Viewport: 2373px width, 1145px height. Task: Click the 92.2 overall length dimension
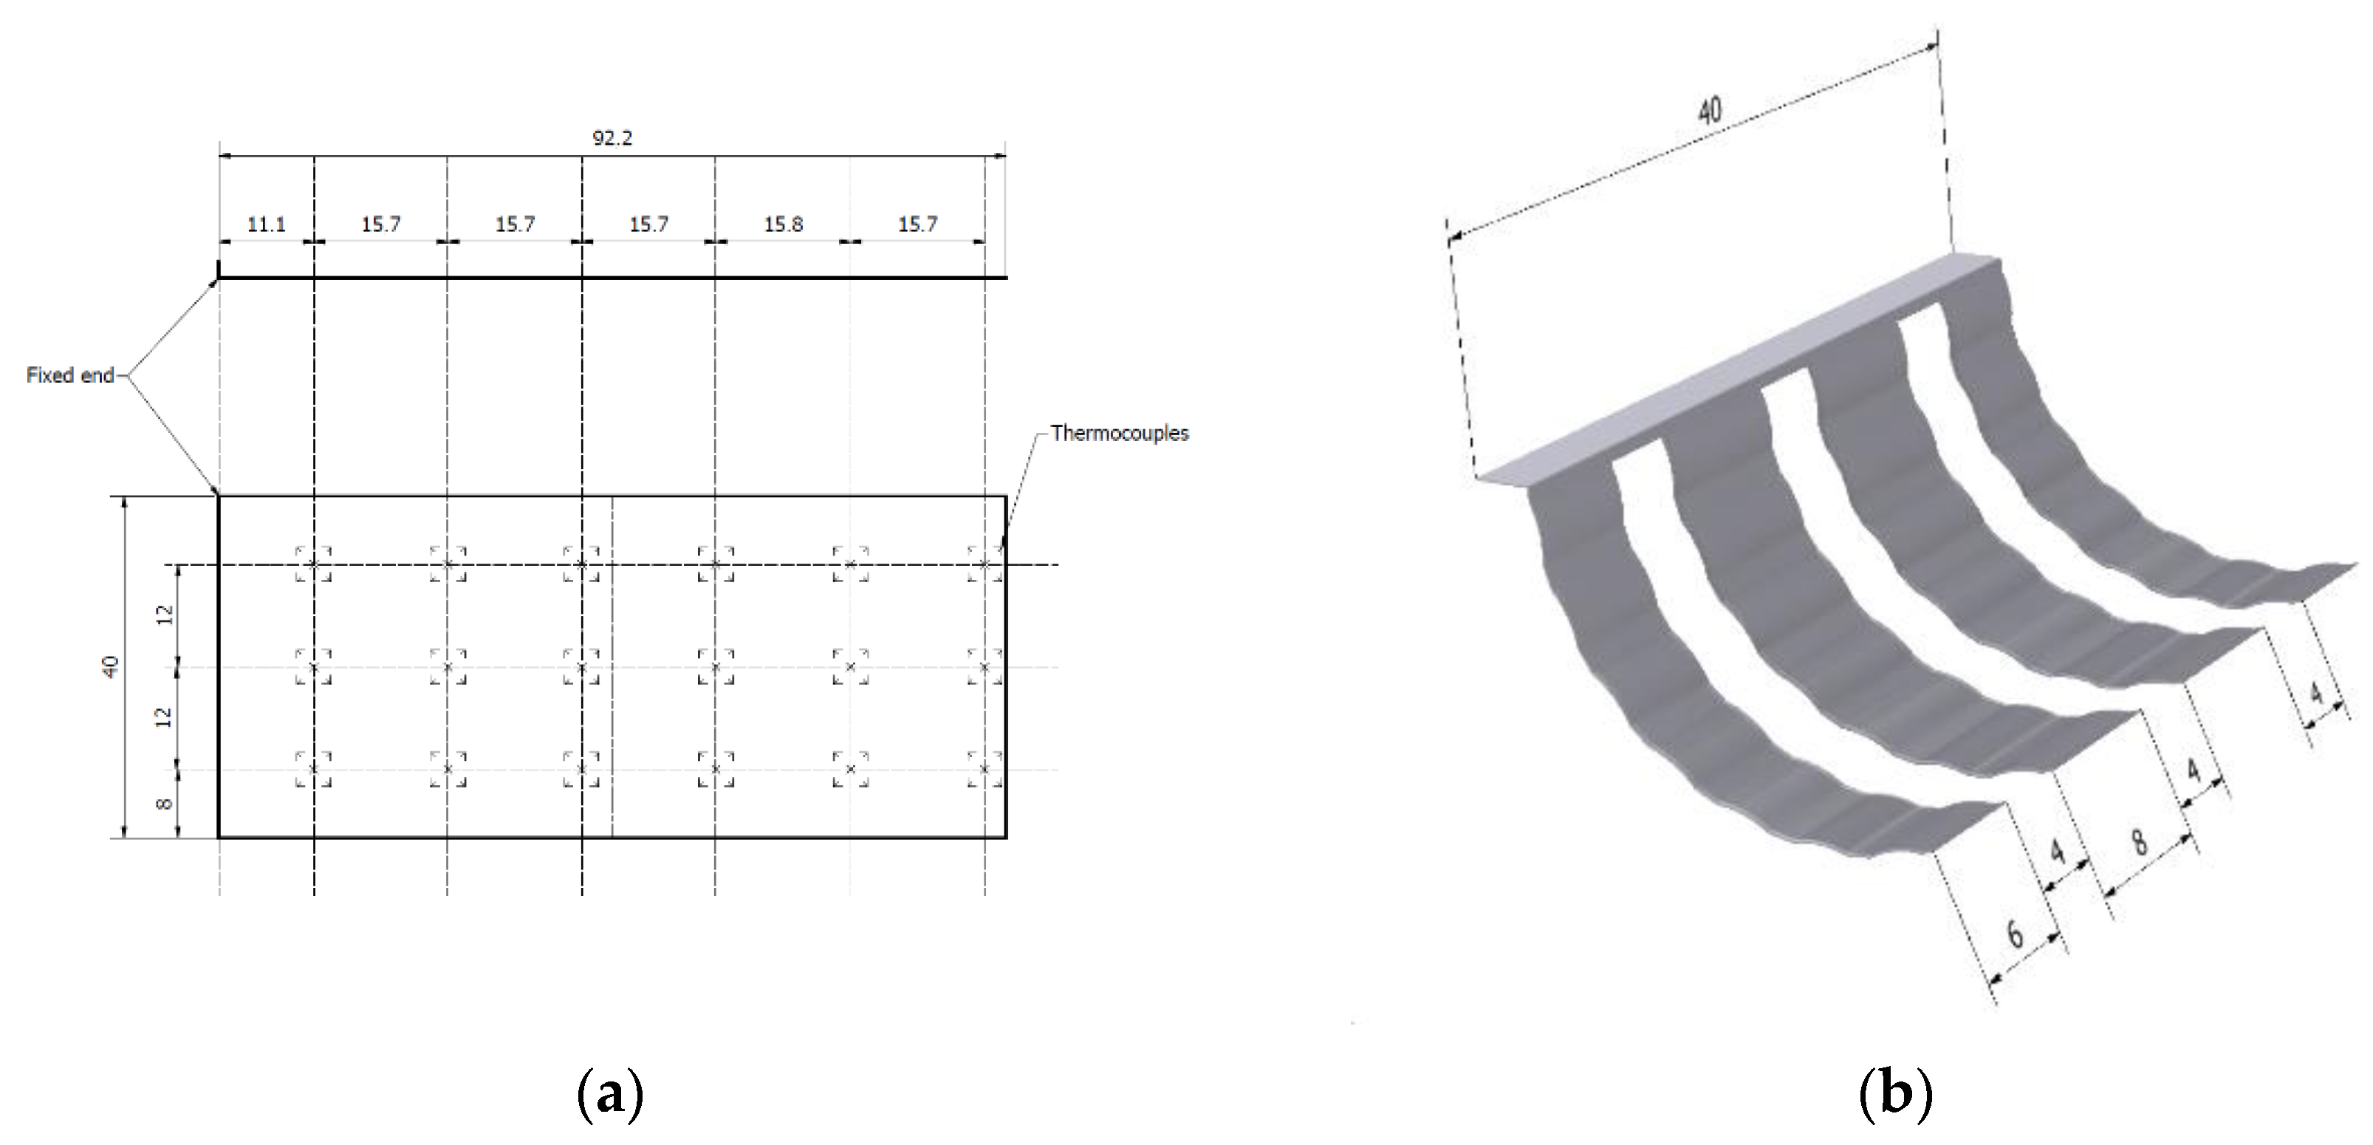612,138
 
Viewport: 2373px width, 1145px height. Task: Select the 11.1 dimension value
266,224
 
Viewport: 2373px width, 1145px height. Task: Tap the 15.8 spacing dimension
783,224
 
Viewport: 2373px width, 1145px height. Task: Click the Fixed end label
70,375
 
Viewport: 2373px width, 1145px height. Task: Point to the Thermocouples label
1119,433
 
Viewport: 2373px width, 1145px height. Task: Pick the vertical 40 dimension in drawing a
111,666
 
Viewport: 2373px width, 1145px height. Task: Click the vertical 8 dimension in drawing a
164,804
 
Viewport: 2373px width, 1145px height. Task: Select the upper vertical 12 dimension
164,615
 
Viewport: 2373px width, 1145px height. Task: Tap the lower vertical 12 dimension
164,717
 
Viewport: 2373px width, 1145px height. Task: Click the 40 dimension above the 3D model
1709,112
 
